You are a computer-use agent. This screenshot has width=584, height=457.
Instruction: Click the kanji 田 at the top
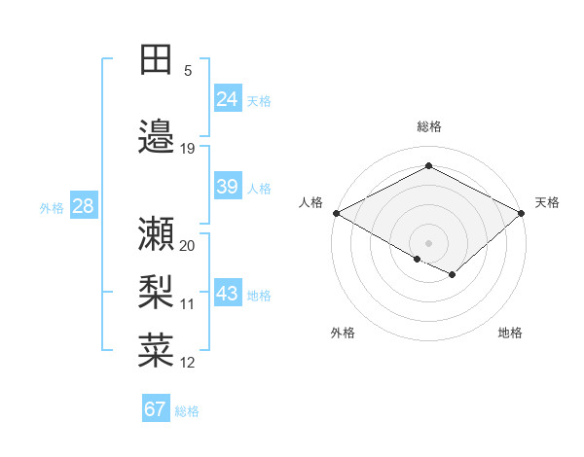(156, 60)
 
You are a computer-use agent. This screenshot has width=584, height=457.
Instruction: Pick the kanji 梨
(156, 292)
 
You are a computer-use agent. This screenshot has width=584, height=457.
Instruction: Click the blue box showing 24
(228, 99)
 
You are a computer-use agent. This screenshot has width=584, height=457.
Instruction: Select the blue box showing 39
(228, 187)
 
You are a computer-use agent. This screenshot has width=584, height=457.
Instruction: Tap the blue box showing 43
(228, 294)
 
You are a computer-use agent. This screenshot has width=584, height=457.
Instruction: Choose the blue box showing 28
(83, 206)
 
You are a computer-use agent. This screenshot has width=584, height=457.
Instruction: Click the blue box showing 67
(156, 409)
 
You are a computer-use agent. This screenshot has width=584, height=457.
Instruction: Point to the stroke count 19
(188, 149)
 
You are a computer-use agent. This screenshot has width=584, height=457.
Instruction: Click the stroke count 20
(188, 245)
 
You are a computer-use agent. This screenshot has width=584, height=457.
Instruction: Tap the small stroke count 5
(188, 71)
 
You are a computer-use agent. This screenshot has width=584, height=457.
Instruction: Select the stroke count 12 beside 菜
(188, 363)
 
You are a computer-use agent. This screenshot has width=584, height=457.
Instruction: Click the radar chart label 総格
(429, 126)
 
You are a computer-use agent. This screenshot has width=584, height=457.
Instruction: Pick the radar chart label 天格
(547, 202)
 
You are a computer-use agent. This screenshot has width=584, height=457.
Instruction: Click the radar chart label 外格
(343, 333)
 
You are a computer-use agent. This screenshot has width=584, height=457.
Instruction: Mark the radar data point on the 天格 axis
(523, 213)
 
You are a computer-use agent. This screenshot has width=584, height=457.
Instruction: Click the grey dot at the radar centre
(429, 242)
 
